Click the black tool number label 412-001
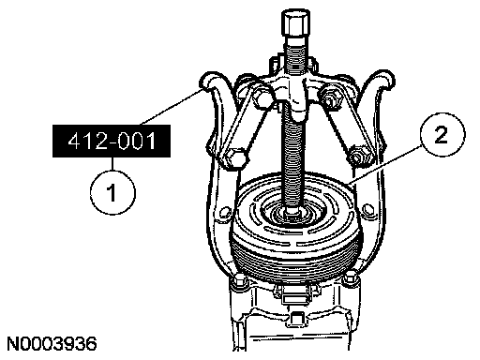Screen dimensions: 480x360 112,141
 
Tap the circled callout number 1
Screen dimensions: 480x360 112,192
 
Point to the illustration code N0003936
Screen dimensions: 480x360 52,344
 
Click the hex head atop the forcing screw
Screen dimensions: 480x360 295,23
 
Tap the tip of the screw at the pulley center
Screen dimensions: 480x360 292,213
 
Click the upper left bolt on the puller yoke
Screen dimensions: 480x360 260,96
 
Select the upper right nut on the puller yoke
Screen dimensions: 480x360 328,97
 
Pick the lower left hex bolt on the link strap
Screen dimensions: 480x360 235,158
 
